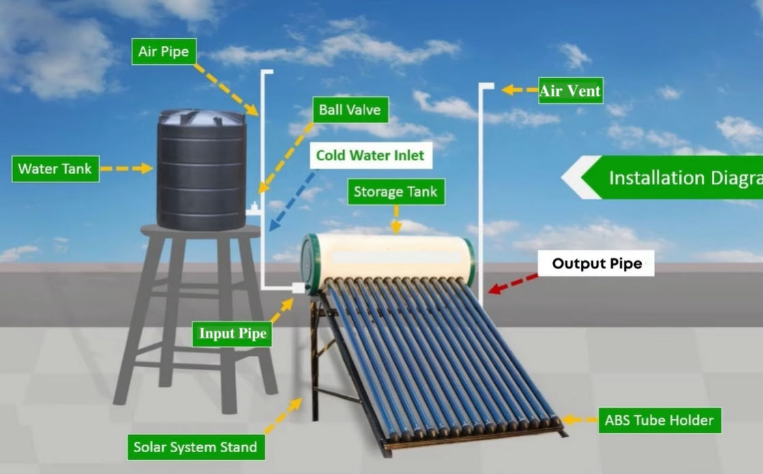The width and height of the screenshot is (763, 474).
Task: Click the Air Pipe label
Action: click(x=163, y=52)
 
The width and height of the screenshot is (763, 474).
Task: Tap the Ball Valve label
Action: click(x=349, y=109)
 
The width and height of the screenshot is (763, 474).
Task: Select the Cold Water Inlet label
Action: click(x=370, y=155)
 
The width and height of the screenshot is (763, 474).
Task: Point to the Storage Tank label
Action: click(x=396, y=192)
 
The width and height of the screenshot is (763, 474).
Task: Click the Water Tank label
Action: click(x=55, y=169)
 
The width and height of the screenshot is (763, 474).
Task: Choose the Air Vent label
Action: click(x=570, y=91)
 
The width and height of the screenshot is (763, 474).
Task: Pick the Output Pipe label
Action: click(x=596, y=264)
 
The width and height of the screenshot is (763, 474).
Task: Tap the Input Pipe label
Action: click(x=232, y=334)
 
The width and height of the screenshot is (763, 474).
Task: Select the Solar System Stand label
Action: click(x=195, y=447)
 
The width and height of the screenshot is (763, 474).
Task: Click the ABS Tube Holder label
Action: click(x=659, y=420)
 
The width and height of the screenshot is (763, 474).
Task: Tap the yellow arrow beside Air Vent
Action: click(x=519, y=89)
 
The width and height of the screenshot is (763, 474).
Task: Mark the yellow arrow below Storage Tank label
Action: click(x=396, y=219)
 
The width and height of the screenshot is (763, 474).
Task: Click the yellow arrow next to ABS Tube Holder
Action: click(x=578, y=420)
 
